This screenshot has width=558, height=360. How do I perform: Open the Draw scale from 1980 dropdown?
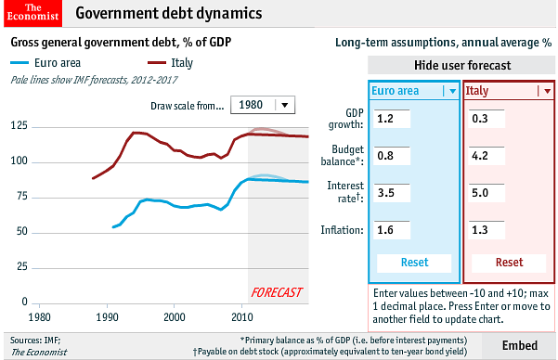pyautogui.click(x=262, y=105)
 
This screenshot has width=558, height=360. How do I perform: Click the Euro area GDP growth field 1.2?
pyautogui.click(x=391, y=119)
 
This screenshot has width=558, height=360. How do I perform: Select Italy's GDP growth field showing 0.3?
pyautogui.click(x=486, y=119)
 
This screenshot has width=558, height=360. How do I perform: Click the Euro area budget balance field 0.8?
pyautogui.click(x=391, y=156)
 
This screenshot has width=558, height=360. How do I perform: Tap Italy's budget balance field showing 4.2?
pyautogui.click(x=486, y=156)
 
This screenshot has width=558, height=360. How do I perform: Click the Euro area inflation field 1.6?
pyautogui.click(x=391, y=229)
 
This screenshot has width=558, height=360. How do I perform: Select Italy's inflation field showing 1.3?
pyautogui.click(x=486, y=229)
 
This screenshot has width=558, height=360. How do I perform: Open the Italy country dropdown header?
pyautogui.click(x=508, y=91)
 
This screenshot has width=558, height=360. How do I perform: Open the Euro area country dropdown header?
pyautogui.click(x=414, y=91)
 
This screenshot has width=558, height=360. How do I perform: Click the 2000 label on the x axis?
pyautogui.click(x=175, y=317)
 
